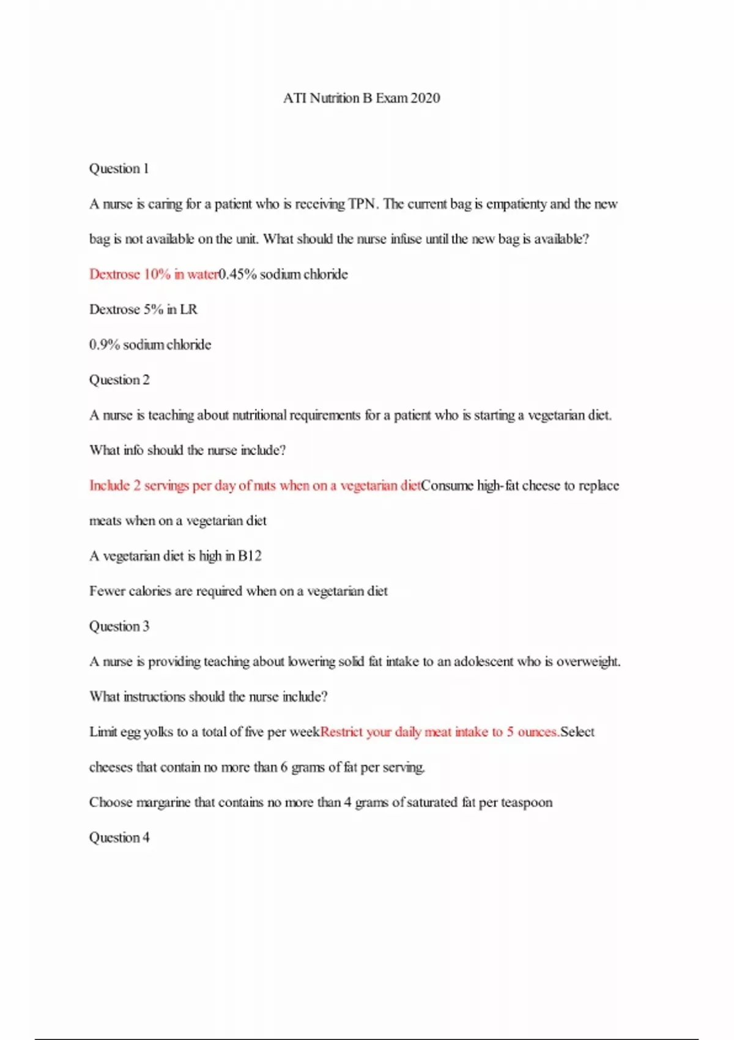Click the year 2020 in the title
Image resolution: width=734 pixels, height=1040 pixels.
(x=425, y=98)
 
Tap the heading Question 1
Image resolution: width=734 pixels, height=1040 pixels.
(x=119, y=169)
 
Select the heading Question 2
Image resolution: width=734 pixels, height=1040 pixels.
(x=119, y=380)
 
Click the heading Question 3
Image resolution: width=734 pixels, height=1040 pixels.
(x=119, y=626)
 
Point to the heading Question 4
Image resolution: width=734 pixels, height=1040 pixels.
(x=119, y=838)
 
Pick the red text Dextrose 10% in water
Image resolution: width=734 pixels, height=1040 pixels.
(x=154, y=275)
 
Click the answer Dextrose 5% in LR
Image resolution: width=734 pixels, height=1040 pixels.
(x=143, y=310)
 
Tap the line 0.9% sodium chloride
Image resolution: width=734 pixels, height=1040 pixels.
(x=150, y=345)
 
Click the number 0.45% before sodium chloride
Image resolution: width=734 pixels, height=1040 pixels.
(x=237, y=275)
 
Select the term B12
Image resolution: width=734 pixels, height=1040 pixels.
(x=250, y=556)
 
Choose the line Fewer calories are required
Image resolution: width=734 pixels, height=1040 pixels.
(x=238, y=592)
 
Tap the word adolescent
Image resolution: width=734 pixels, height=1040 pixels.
(x=483, y=662)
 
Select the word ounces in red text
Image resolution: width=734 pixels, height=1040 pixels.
(x=538, y=732)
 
